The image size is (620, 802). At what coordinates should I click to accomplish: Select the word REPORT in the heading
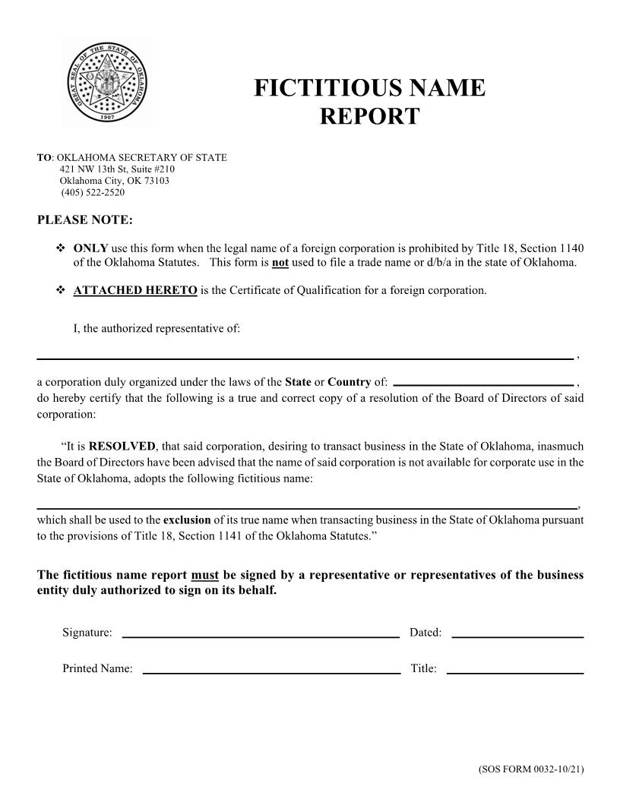click(369, 116)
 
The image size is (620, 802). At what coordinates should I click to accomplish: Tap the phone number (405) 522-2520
click(93, 193)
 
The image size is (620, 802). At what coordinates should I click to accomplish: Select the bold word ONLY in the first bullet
click(90, 248)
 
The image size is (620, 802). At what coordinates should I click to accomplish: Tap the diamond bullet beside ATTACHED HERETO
click(61, 290)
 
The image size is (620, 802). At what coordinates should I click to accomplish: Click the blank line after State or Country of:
click(483, 384)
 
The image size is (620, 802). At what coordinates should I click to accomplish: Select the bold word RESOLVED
click(122, 447)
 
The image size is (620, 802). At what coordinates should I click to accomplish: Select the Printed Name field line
click(271, 671)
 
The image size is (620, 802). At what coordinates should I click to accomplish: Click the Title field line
click(515, 671)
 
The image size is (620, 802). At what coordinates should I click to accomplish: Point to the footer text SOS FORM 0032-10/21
click(531, 769)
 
